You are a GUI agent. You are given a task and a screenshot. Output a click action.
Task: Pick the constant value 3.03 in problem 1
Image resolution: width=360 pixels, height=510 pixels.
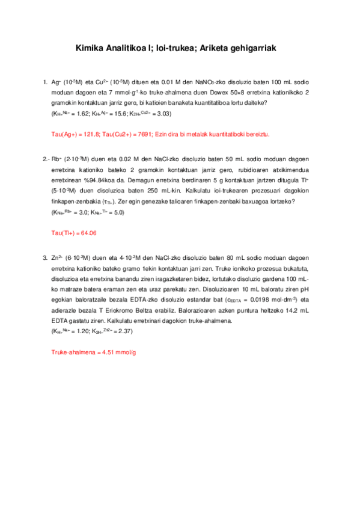click(x=162, y=113)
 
